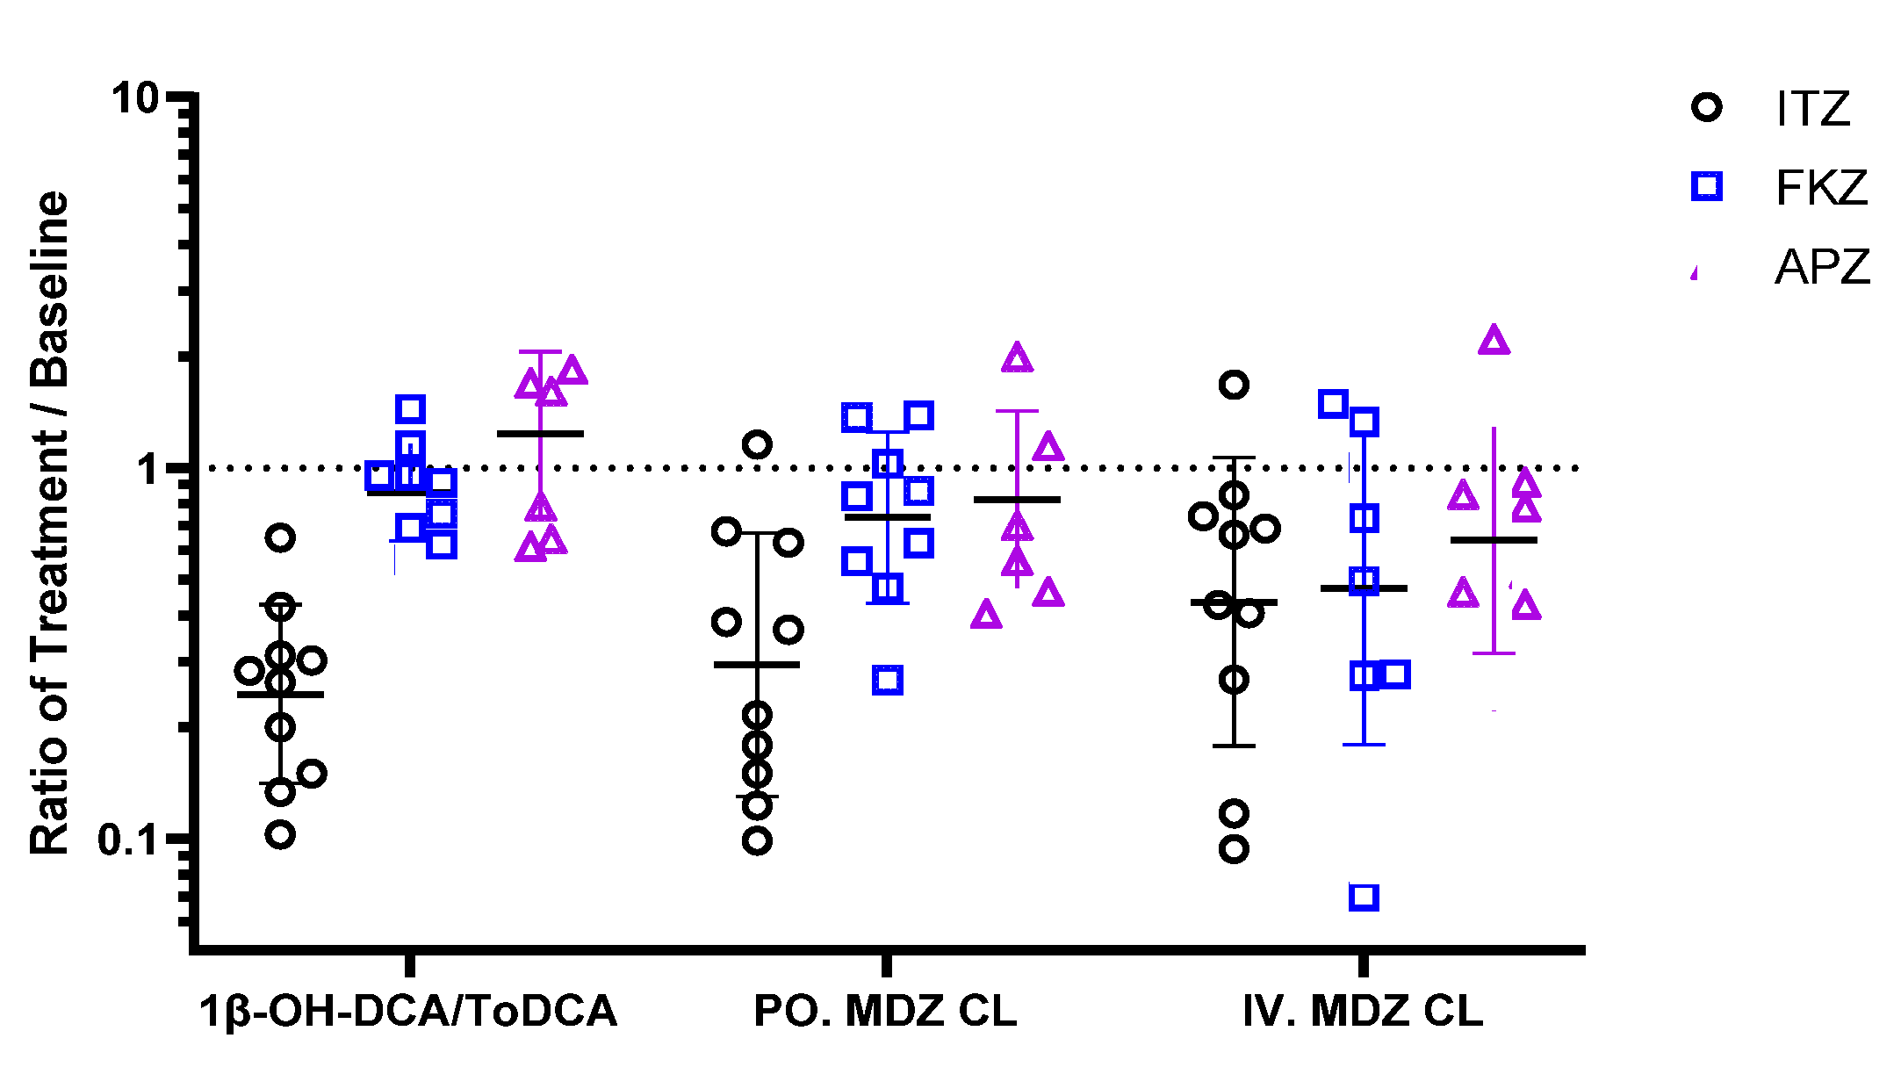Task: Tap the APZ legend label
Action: click(x=1823, y=267)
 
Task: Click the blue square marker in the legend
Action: click(x=1707, y=186)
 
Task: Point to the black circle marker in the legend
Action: click(x=1707, y=108)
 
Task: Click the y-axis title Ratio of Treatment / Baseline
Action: click(x=50, y=523)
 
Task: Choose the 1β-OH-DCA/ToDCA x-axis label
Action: click(x=408, y=1011)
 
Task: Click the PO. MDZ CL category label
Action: click(x=885, y=1011)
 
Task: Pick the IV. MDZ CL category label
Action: click(x=1363, y=1011)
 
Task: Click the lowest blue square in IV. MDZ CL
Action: click(x=1364, y=897)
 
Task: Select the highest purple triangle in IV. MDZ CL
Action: click(x=1494, y=341)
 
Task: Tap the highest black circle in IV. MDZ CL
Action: click(x=1235, y=385)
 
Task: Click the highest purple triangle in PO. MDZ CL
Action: click(x=1017, y=358)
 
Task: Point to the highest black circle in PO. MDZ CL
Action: click(x=757, y=444)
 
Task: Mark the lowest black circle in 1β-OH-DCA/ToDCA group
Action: click(x=280, y=834)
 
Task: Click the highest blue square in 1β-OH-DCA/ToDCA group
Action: click(x=410, y=408)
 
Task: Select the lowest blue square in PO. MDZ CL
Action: click(x=888, y=680)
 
